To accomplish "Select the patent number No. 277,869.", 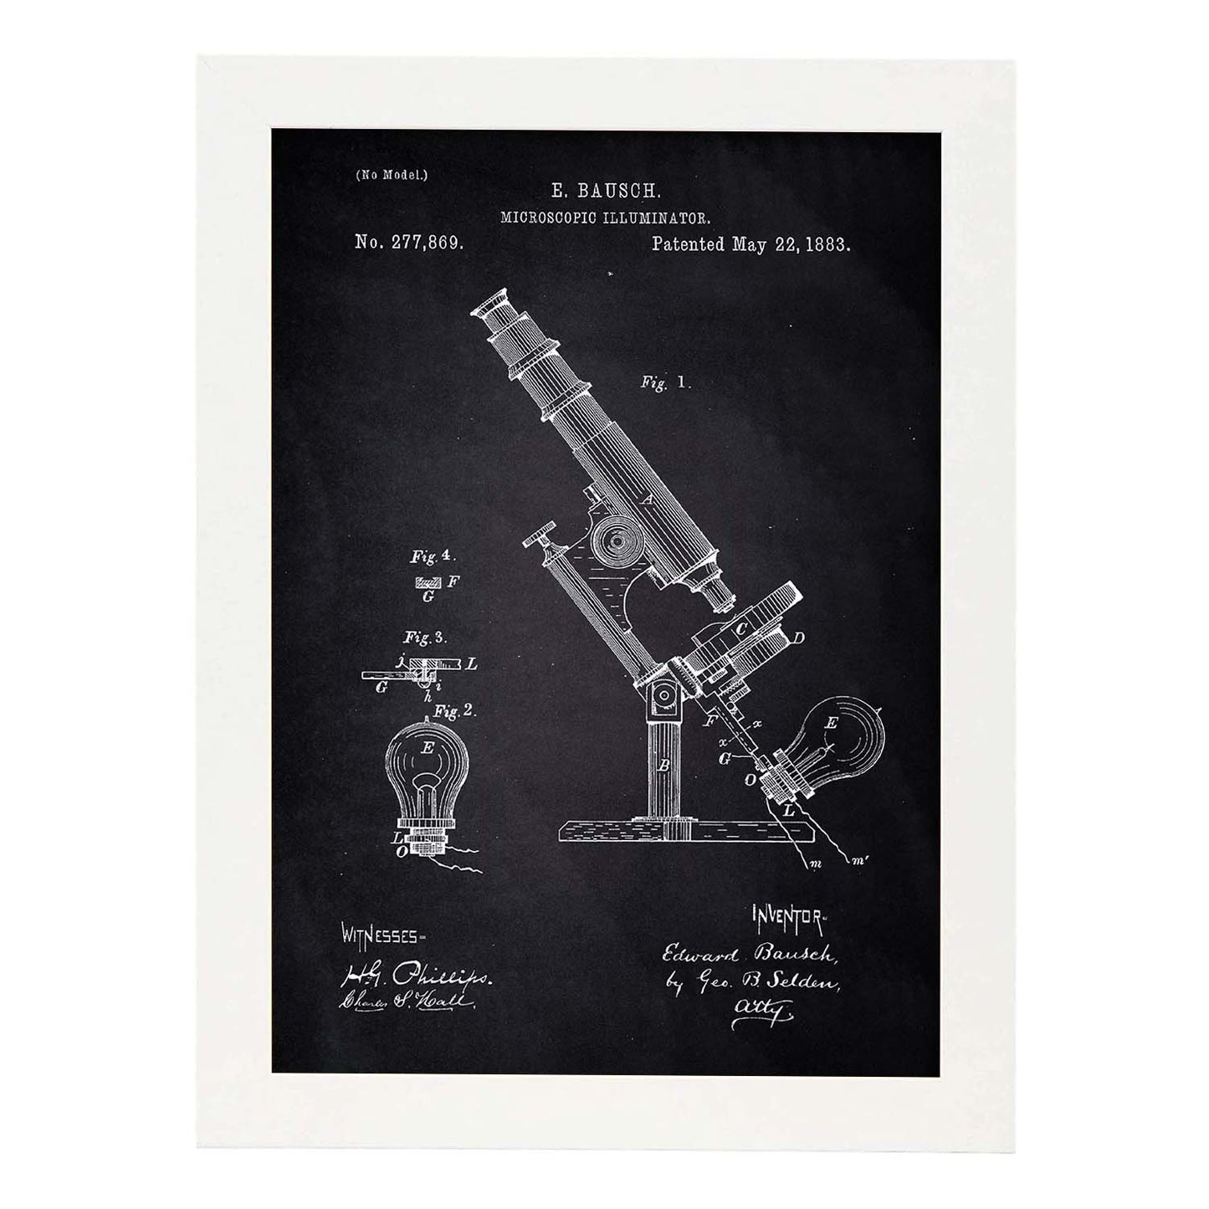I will tap(409, 243).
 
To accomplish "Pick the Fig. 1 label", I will tap(664, 382).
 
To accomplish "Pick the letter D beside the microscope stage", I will tap(798, 640).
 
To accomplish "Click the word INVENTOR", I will tap(789, 895).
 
